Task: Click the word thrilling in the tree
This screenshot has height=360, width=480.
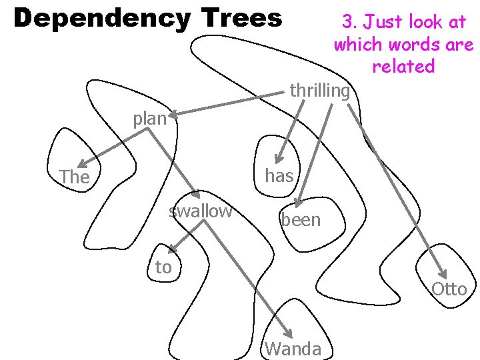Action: point(320,90)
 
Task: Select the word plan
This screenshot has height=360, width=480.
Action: point(149,119)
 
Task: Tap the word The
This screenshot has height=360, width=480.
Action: point(74,177)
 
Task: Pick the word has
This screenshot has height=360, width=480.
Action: point(279,175)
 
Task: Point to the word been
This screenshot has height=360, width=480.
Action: point(301,220)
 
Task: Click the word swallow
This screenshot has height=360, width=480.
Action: point(201,211)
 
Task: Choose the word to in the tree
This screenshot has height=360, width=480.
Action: point(163,267)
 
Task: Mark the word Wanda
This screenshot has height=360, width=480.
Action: point(293,348)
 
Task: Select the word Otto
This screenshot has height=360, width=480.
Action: point(449,289)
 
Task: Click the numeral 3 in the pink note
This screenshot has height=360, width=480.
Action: point(347,22)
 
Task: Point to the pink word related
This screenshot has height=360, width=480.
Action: point(403,67)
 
